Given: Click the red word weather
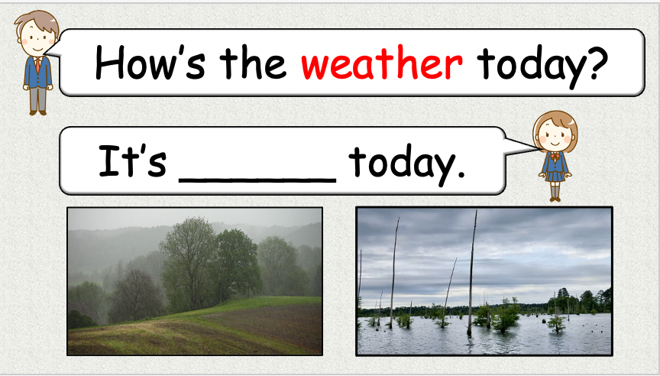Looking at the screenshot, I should point(381,64).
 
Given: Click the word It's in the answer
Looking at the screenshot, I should point(132,163).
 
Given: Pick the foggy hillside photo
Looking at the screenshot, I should point(195,281).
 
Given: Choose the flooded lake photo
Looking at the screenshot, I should point(484,281).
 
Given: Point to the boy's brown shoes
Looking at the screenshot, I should point(37,112).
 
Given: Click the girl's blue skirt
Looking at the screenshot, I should point(555,175).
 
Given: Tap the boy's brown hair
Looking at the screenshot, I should point(35,19).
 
